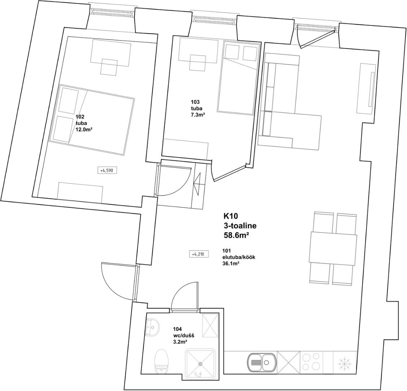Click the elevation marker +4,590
[107, 170]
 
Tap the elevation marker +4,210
[198, 254]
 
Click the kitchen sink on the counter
[261, 362]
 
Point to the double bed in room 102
[92, 119]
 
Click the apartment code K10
[231, 216]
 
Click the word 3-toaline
[240, 226]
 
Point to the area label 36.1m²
[231, 263]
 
